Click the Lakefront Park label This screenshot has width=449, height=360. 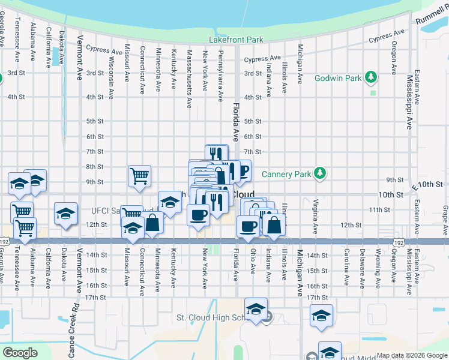236,40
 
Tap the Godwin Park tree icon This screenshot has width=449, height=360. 372,77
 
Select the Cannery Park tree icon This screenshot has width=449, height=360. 321,174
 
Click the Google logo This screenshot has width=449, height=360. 20,352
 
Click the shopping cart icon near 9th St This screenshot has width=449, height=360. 139,176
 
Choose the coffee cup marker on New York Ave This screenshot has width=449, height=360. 198,214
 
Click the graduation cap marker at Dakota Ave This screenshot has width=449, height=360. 65,214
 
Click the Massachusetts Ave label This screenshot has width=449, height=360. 189,79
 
